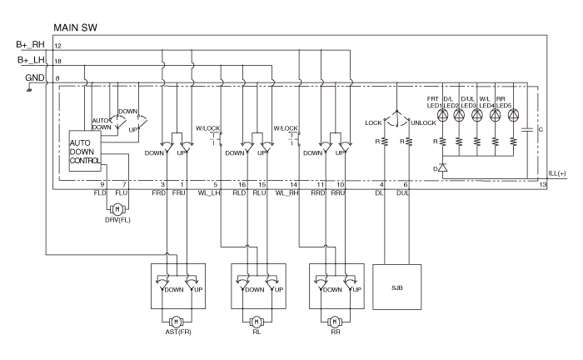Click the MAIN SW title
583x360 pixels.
click(x=77, y=27)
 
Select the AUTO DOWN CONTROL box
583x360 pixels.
click(x=83, y=149)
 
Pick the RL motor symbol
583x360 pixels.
click(x=256, y=320)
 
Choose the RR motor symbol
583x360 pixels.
click(x=335, y=320)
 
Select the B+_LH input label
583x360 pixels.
click(x=30, y=61)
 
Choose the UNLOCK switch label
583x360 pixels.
click(x=423, y=123)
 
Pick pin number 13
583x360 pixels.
click(x=543, y=184)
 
